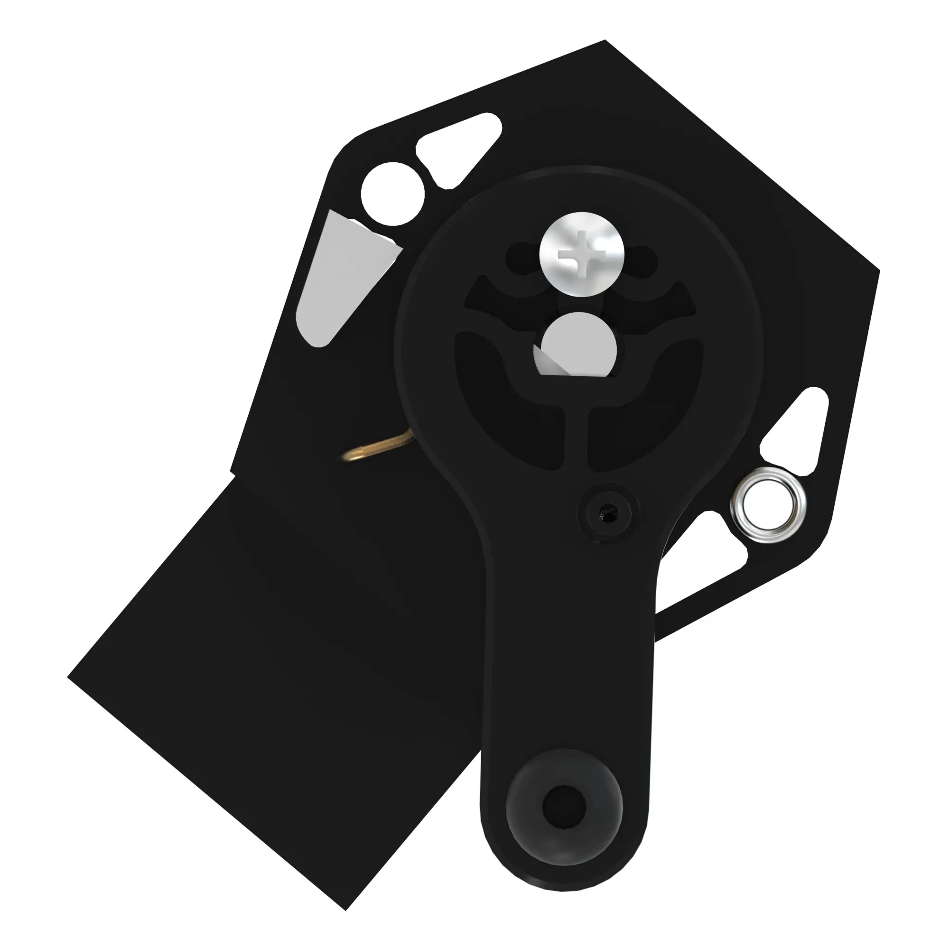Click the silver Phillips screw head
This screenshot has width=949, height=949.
click(582, 254)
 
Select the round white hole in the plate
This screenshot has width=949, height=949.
click(392, 194)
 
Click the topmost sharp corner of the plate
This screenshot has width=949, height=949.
click(605, 40)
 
